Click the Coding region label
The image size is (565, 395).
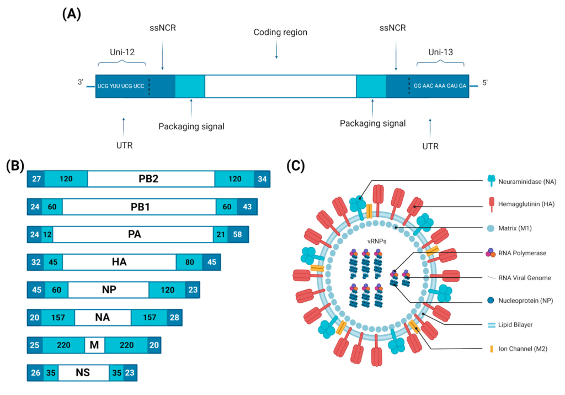click(280, 33)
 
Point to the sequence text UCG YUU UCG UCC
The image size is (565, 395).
click(121, 86)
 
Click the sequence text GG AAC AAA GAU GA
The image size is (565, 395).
click(440, 86)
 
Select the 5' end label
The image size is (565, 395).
click(484, 83)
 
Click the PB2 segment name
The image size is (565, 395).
click(151, 179)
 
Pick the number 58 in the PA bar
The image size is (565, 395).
click(238, 234)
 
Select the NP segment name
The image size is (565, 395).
click(108, 289)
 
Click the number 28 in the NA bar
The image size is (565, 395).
click(174, 317)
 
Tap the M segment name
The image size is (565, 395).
click(94, 345)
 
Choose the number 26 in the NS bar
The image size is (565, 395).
click(35, 372)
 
